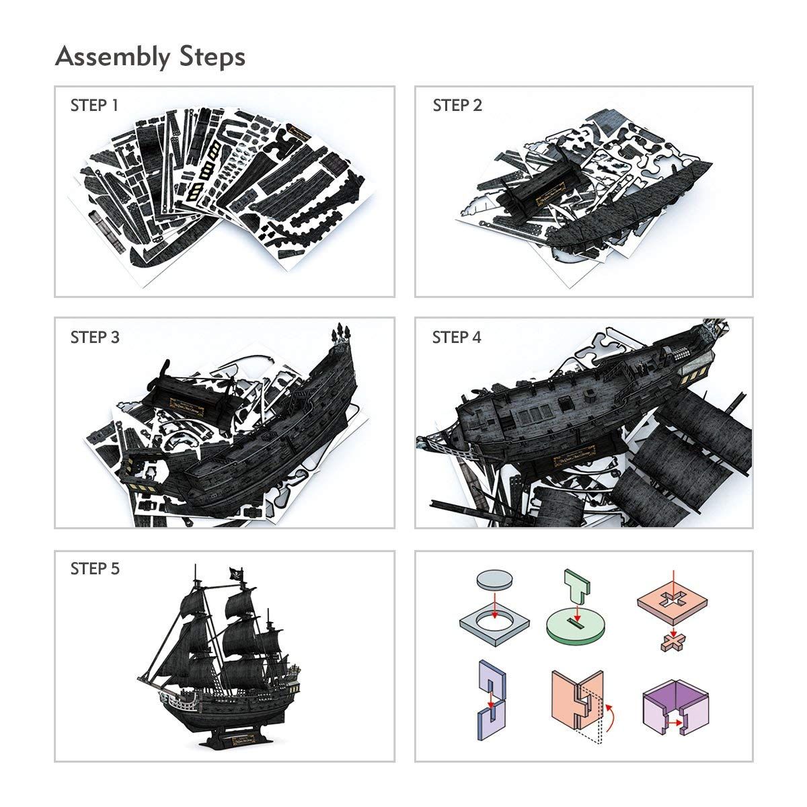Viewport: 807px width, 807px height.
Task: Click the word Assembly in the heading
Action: point(112,57)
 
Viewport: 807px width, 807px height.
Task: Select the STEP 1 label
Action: point(94,106)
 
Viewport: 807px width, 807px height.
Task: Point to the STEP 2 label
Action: point(457,106)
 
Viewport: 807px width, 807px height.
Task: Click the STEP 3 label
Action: point(95,337)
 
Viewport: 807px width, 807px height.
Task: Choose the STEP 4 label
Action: point(457,337)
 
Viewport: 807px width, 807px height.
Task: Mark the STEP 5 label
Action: point(95,569)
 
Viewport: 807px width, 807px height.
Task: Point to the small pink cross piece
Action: point(672,642)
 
